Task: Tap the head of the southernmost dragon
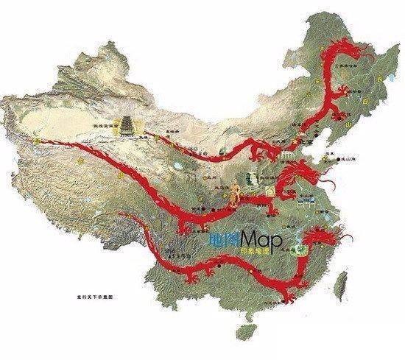point(324,239)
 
